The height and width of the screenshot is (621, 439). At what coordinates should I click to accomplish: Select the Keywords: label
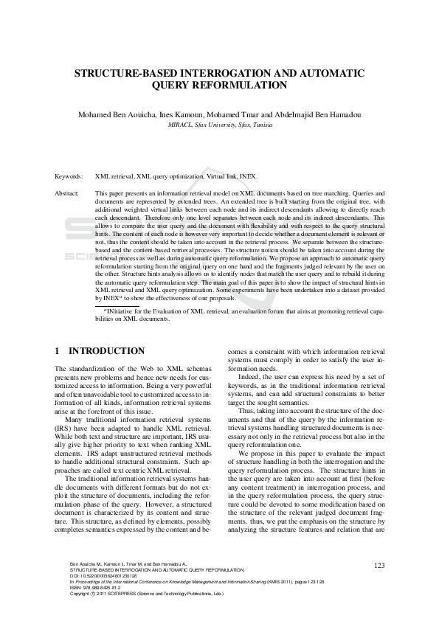point(70,178)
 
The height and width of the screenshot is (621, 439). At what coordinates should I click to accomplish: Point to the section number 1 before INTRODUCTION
point(58,351)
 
